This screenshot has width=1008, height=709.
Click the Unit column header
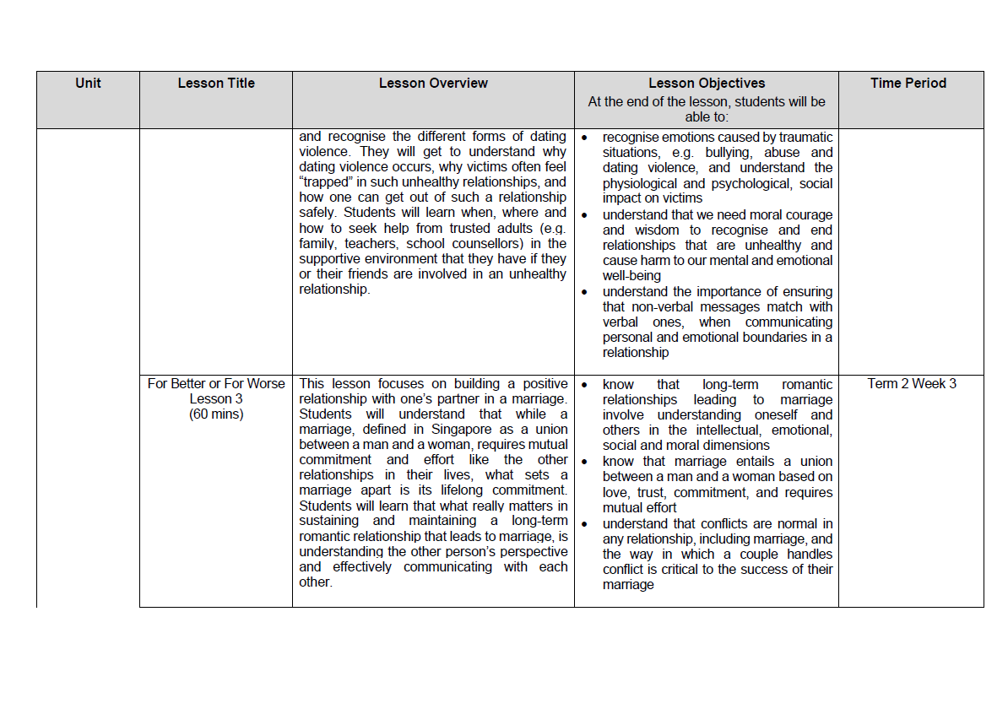88,83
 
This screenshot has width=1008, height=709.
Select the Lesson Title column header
216,83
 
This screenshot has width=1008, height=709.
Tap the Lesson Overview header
433,83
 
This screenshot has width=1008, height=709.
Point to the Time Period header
908,83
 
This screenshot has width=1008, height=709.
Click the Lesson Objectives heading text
707,84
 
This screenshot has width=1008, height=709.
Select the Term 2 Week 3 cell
912,383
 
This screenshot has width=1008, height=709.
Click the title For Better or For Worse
216,383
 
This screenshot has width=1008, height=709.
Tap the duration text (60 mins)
216,414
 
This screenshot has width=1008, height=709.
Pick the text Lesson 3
216,398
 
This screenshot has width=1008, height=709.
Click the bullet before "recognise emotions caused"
585,138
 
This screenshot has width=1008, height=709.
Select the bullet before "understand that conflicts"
585,524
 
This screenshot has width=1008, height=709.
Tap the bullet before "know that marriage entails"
585,462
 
